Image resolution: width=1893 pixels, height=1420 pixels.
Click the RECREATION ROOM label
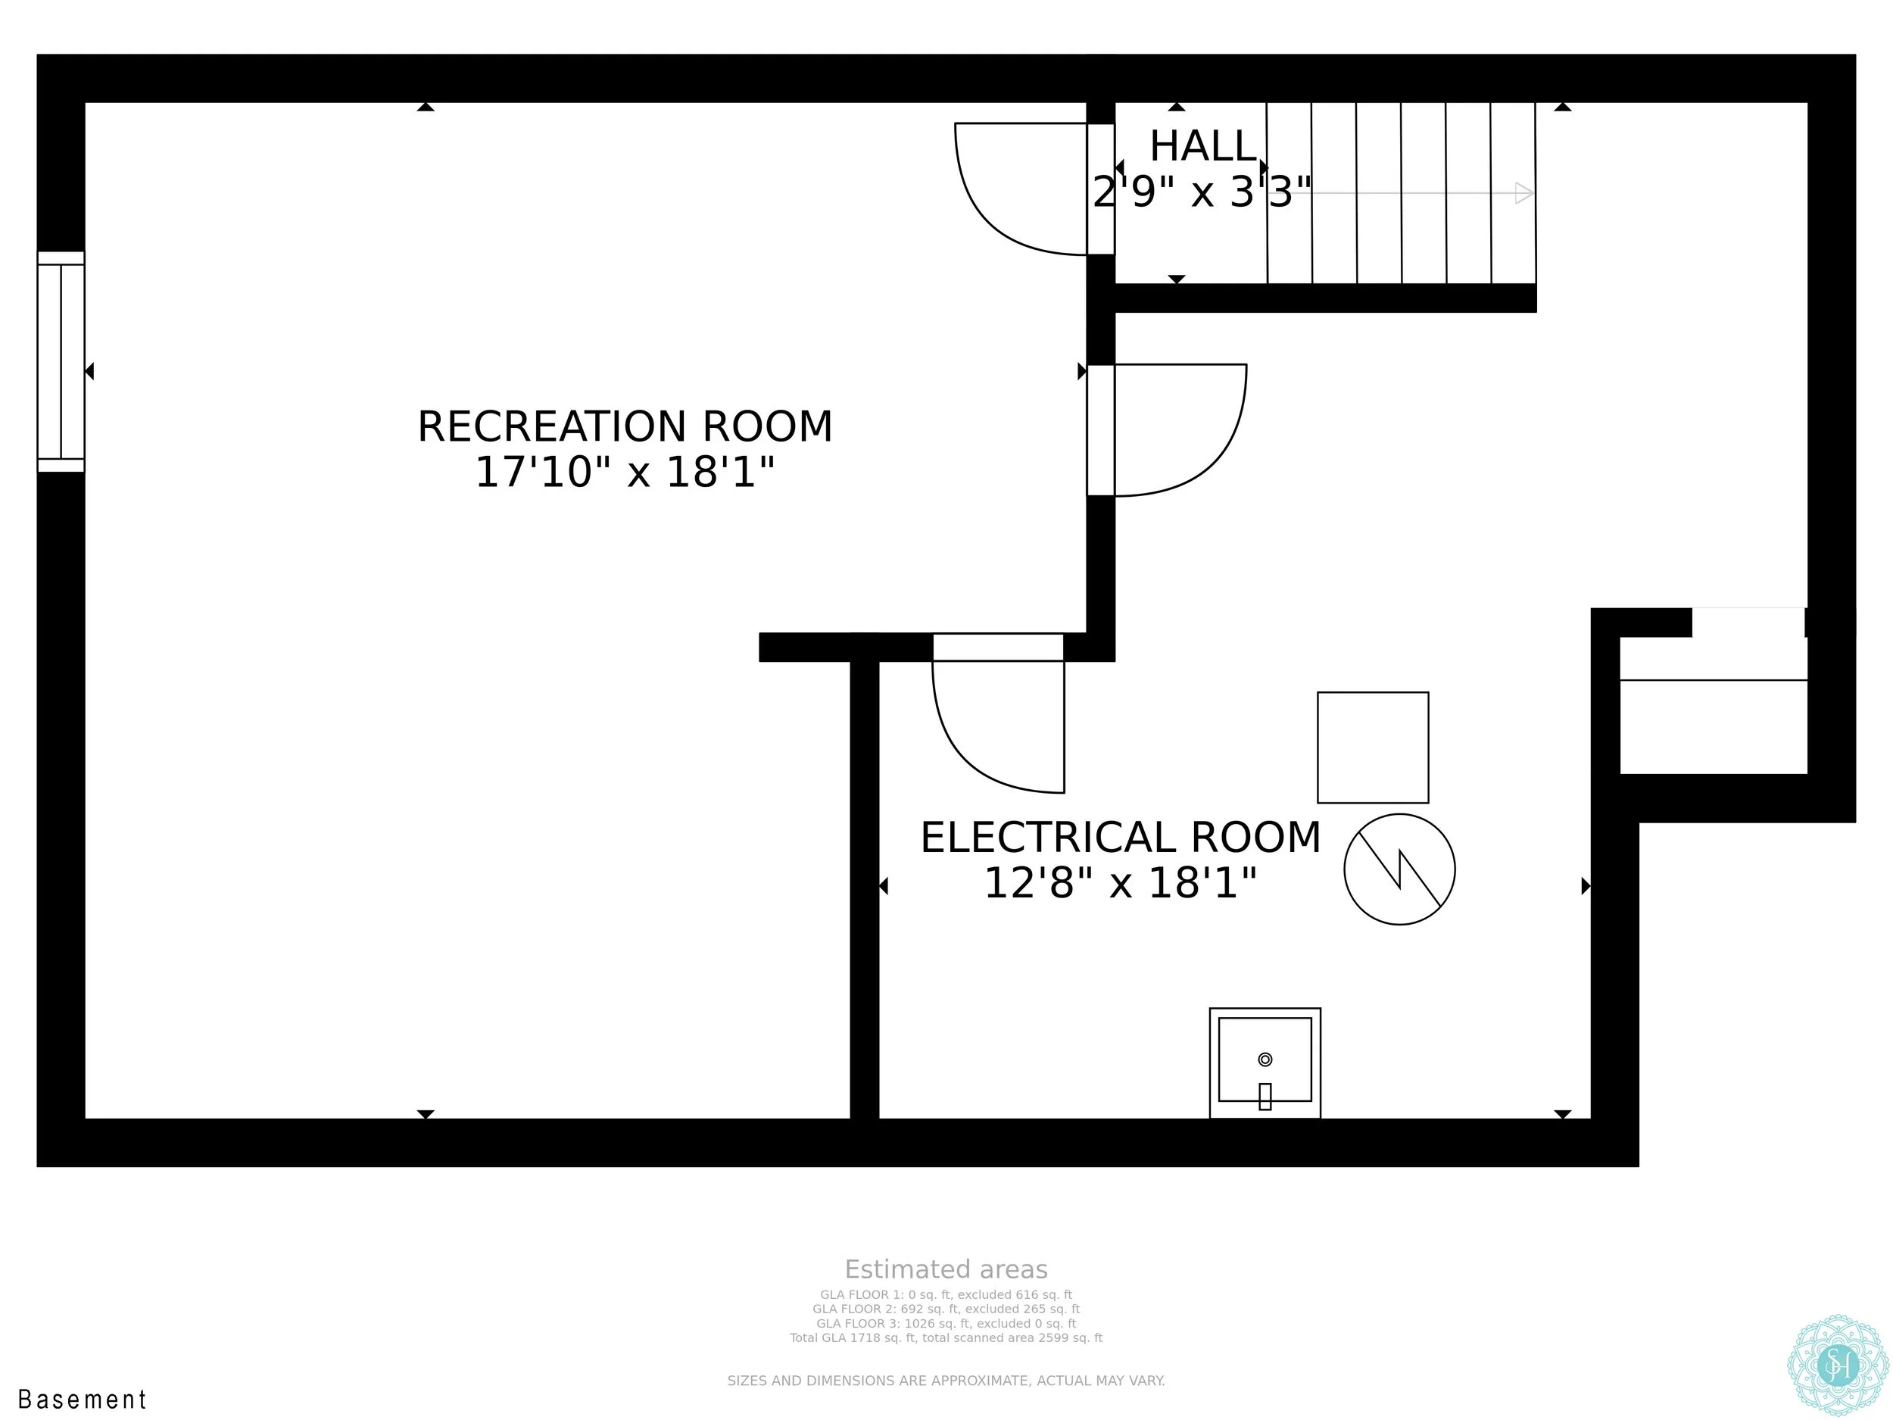click(625, 426)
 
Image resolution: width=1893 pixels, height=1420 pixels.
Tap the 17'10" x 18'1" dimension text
click(625, 472)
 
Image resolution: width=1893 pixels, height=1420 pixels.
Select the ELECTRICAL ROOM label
click(1120, 837)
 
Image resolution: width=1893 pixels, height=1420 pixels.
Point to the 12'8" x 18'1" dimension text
click(1120, 882)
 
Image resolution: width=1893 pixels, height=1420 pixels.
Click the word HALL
click(1202, 146)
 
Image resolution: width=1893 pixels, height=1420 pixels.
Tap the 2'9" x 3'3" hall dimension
click(1202, 192)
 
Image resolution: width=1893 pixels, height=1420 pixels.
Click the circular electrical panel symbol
click(1399, 869)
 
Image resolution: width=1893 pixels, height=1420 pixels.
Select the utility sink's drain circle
click(1265, 1059)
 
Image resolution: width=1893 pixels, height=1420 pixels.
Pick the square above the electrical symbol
click(1373, 747)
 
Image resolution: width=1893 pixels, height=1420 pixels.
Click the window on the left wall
click(61, 361)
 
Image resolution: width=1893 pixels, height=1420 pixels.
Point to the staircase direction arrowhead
click(1524, 192)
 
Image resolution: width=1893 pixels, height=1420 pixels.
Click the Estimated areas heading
click(946, 1269)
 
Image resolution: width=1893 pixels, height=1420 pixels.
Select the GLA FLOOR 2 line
click(946, 1309)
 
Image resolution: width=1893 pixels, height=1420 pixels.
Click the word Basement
click(83, 1400)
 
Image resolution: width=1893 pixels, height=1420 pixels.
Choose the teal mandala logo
click(1838, 1366)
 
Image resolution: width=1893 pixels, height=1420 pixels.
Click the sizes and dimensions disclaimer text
click(946, 1380)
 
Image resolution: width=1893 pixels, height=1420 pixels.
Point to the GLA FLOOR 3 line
click(946, 1323)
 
